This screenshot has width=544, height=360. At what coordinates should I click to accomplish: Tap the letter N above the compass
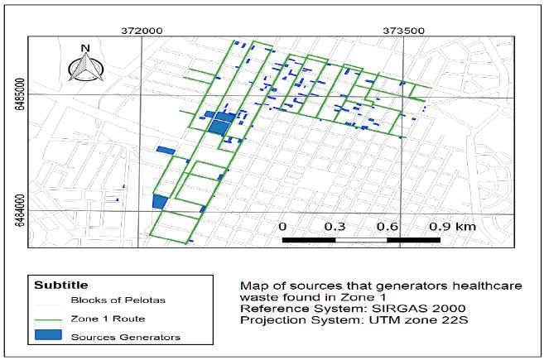84,48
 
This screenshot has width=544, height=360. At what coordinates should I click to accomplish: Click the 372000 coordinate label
140,30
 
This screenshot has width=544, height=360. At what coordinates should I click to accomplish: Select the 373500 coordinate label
402,30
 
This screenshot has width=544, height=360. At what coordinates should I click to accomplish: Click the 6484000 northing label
18,204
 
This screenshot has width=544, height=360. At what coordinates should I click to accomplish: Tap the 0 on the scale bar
282,226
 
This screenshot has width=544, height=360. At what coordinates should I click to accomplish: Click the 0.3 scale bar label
335,226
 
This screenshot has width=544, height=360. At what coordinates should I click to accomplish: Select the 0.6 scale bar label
387,226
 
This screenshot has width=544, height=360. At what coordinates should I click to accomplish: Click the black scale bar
360,240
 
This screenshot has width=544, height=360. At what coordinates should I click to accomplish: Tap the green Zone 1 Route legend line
50,319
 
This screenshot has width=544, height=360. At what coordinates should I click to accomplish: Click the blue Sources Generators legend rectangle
50,337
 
